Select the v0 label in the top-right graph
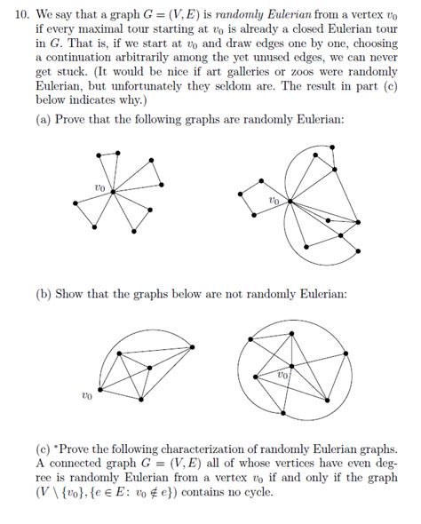274,202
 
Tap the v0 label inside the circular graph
282,376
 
